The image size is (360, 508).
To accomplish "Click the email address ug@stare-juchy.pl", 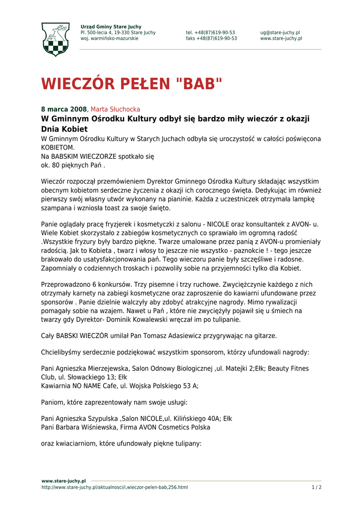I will pyautogui.click(x=280, y=33).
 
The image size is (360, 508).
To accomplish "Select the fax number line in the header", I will pyautogui.click(x=211, y=39).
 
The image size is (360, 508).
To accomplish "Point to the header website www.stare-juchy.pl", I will pyautogui.click(x=281, y=39).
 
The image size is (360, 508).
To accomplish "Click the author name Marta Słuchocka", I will pyautogui.click(x=115, y=109).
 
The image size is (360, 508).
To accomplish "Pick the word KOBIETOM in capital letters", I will pyautogui.click(x=58, y=148).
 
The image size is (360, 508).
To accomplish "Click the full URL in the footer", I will pyautogui.click(x=115, y=487).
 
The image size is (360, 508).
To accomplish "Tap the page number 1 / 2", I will pyautogui.click(x=316, y=487).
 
